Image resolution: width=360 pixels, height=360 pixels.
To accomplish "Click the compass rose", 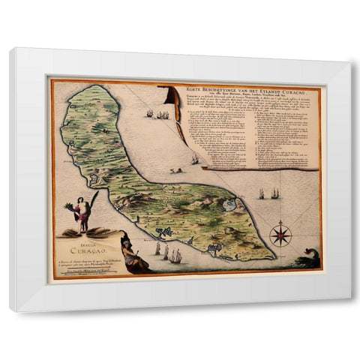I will tap(280, 234).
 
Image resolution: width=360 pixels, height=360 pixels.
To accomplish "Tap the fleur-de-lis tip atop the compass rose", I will tap(280, 222).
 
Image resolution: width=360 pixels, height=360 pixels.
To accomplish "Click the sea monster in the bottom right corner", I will tap(308, 260).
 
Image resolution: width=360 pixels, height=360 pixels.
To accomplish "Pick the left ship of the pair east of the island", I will tap(262, 194).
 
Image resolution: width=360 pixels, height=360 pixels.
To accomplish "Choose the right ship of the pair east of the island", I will tap(274, 193).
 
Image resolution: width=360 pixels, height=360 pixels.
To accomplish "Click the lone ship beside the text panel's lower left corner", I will tap(194, 159).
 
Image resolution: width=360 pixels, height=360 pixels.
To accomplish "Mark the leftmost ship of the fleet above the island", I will tap(150, 114).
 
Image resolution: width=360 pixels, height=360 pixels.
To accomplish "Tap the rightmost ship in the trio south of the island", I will tap(176, 256).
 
